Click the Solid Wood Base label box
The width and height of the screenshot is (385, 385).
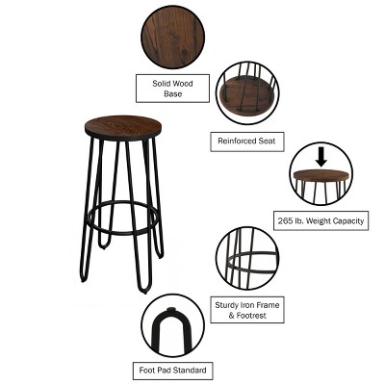[172, 90]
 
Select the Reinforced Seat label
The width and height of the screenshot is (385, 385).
[246, 141]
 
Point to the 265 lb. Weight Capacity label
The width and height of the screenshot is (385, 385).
[321, 220]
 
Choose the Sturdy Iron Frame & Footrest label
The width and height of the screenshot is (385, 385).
[247, 309]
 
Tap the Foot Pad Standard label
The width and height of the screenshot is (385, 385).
[172, 371]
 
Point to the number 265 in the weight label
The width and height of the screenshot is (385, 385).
[286, 220]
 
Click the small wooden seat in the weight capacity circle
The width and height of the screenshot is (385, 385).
[321, 176]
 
